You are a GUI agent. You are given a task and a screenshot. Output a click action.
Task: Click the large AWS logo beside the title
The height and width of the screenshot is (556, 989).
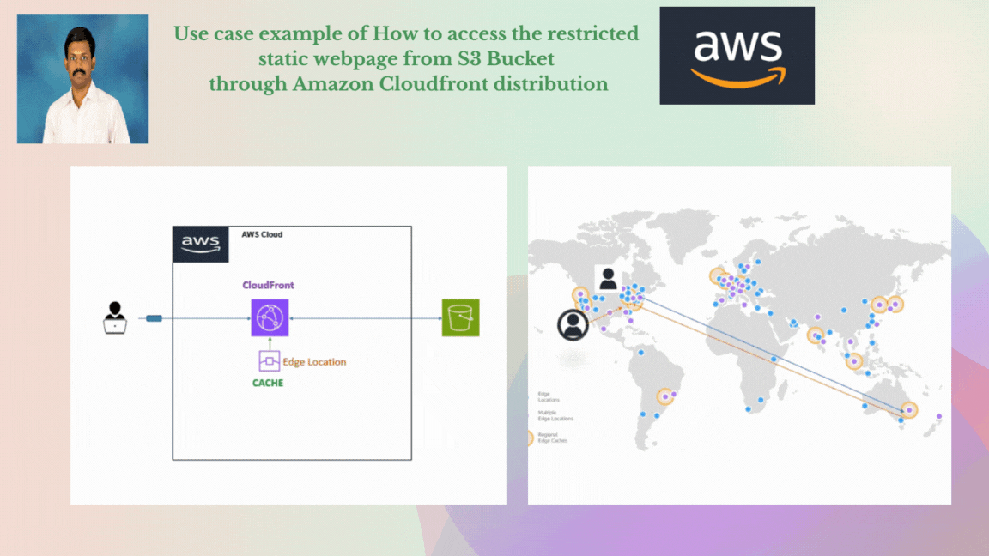click(737, 56)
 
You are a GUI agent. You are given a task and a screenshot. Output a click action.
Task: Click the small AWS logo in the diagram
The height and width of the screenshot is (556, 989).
click(201, 245)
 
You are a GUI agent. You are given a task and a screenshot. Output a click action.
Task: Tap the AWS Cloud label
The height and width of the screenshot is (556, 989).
click(262, 234)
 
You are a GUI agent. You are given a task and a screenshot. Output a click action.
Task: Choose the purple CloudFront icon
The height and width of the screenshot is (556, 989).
click(270, 318)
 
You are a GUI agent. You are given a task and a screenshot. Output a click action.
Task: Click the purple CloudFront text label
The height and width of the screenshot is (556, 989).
click(269, 285)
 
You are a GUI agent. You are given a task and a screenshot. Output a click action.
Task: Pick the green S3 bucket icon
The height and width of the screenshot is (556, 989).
click(460, 317)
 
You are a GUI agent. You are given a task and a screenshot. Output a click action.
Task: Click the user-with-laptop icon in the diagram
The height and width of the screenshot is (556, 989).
click(114, 317)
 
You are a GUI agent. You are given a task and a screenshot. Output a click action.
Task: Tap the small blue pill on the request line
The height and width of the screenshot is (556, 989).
click(155, 318)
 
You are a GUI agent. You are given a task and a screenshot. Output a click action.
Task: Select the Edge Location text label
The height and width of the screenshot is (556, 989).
click(314, 362)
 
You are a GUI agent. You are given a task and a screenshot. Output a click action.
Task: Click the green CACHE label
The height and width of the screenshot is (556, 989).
click(268, 383)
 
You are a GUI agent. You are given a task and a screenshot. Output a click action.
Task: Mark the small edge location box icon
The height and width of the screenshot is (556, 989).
click(269, 361)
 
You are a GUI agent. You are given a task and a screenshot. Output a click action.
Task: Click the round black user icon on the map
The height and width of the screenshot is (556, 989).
click(573, 324)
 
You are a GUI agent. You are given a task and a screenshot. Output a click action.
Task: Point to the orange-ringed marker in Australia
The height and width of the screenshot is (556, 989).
click(909, 410)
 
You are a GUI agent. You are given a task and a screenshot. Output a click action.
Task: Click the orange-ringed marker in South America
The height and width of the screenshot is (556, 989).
click(664, 396)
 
